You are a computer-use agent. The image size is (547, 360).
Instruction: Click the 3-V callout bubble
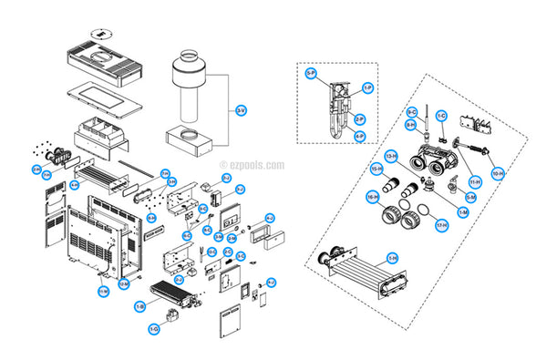click(x=240, y=111)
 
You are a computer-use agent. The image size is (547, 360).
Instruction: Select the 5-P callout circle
click(x=311, y=73)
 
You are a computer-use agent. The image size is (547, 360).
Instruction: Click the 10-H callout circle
click(x=498, y=172)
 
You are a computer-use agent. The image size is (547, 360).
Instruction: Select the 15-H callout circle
click(x=376, y=170)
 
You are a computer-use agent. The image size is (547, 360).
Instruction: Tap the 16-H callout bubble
click(x=373, y=196)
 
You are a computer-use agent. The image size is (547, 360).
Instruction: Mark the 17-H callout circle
click(x=441, y=224)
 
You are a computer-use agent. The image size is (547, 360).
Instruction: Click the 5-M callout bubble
click(x=470, y=197)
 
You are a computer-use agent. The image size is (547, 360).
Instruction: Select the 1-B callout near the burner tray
click(x=139, y=307)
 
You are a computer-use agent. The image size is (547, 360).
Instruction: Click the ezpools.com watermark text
click(x=253, y=166)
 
